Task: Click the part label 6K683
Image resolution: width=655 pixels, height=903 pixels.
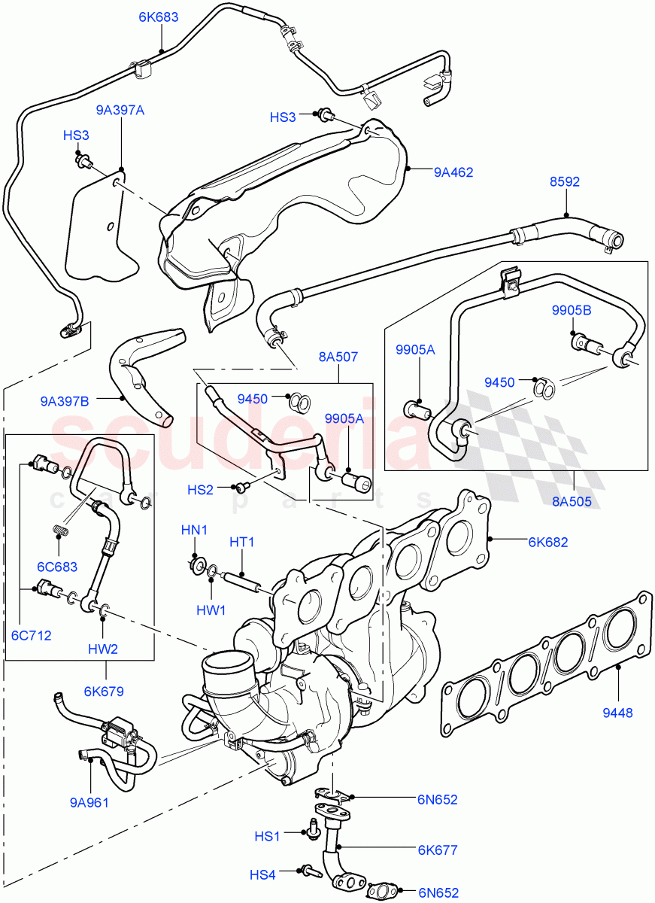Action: click(159, 17)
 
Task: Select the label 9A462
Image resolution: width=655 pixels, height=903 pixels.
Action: click(453, 172)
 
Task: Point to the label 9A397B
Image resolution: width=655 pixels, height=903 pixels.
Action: click(65, 401)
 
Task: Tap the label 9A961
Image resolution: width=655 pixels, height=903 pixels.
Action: click(89, 802)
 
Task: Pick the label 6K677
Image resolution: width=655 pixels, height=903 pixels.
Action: click(437, 850)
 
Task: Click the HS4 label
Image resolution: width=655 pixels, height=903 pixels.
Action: click(263, 874)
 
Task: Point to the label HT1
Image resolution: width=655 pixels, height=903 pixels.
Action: click(242, 542)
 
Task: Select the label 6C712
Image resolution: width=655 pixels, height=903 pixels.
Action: click(31, 635)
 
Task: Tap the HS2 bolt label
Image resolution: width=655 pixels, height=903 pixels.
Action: click(201, 490)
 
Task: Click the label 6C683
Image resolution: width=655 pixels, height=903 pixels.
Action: click(57, 567)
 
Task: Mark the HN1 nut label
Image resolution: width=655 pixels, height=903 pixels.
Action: click(194, 531)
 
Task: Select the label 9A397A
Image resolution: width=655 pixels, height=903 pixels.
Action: click(120, 110)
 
